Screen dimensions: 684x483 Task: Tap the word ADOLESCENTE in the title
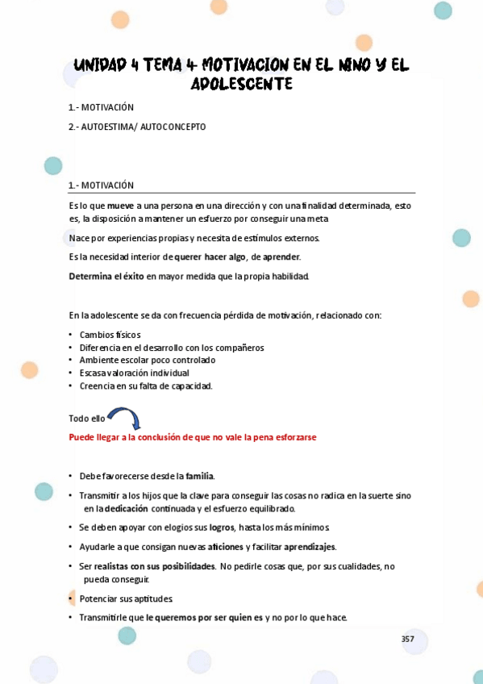pos(241,84)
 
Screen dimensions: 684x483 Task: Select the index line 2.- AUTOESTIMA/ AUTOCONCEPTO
pos(137,127)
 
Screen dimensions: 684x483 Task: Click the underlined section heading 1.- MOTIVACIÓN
pos(102,185)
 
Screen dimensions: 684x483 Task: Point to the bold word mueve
pos(120,206)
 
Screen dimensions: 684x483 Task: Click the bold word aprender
pos(281,256)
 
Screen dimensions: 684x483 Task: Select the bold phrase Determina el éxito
pos(106,276)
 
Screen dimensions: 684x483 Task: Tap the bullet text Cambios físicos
pos(110,335)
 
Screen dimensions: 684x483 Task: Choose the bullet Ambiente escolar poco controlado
pos(147,361)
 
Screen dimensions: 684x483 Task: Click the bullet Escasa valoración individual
pos(134,373)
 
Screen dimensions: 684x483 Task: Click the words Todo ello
pos(87,419)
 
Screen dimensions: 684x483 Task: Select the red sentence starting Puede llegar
pos(193,437)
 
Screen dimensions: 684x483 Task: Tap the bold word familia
pos(199,476)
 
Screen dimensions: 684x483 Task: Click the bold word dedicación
pos(127,508)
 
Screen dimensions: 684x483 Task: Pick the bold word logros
pos(221,528)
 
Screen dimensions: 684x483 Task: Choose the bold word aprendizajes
pos(310,547)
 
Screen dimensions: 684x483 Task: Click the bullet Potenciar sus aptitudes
pos(126,598)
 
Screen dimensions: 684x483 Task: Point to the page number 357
pos(408,639)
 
